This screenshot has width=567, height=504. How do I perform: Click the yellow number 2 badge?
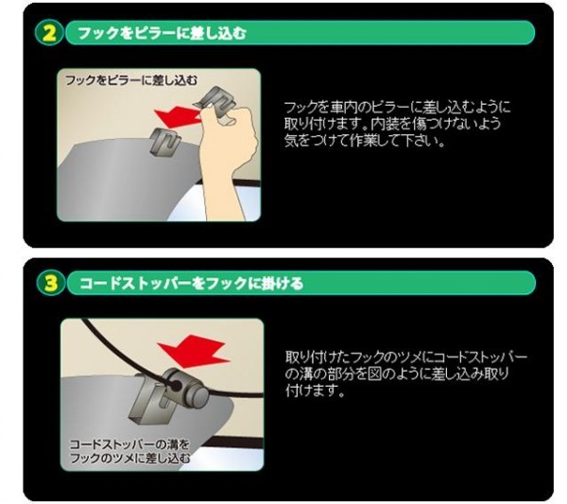tap(49, 32)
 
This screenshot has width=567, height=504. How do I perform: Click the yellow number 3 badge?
tap(51, 283)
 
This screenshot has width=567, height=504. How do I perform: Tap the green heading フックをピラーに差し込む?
tap(162, 33)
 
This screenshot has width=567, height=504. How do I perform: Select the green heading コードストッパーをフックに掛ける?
tap(191, 284)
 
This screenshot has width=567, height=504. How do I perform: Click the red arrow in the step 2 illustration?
tap(178, 116)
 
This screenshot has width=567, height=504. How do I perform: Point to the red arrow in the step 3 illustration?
tap(194, 351)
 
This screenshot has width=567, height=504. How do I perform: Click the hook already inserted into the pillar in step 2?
tap(164, 143)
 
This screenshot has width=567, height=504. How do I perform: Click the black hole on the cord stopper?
tap(176, 386)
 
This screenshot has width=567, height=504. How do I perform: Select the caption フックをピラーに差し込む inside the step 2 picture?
tap(131, 80)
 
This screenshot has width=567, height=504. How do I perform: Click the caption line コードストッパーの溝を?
tap(129, 443)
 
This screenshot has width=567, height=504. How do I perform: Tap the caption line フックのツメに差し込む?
tap(129, 458)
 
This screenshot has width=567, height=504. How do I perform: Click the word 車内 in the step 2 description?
tap(343, 108)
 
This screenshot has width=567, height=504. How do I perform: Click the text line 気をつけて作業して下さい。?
tap(365, 140)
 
